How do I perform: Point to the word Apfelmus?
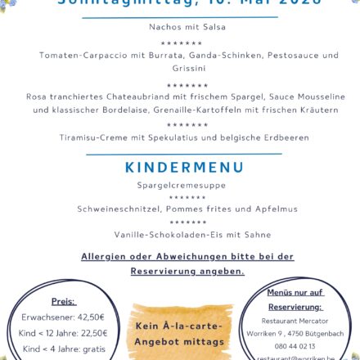[x=257, y=209]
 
